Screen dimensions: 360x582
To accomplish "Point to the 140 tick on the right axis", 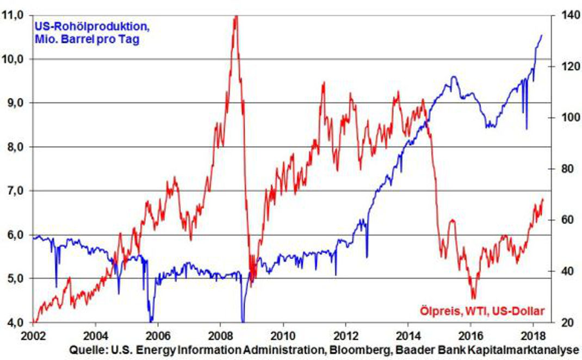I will click(x=562, y=15).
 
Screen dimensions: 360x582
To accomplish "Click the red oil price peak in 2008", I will click(x=236, y=16).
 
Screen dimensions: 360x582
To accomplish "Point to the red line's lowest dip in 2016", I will click(x=473, y=298).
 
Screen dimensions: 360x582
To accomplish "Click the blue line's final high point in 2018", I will click(x=542, y=35).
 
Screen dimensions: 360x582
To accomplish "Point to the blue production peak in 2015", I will click(x=453, y=77).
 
